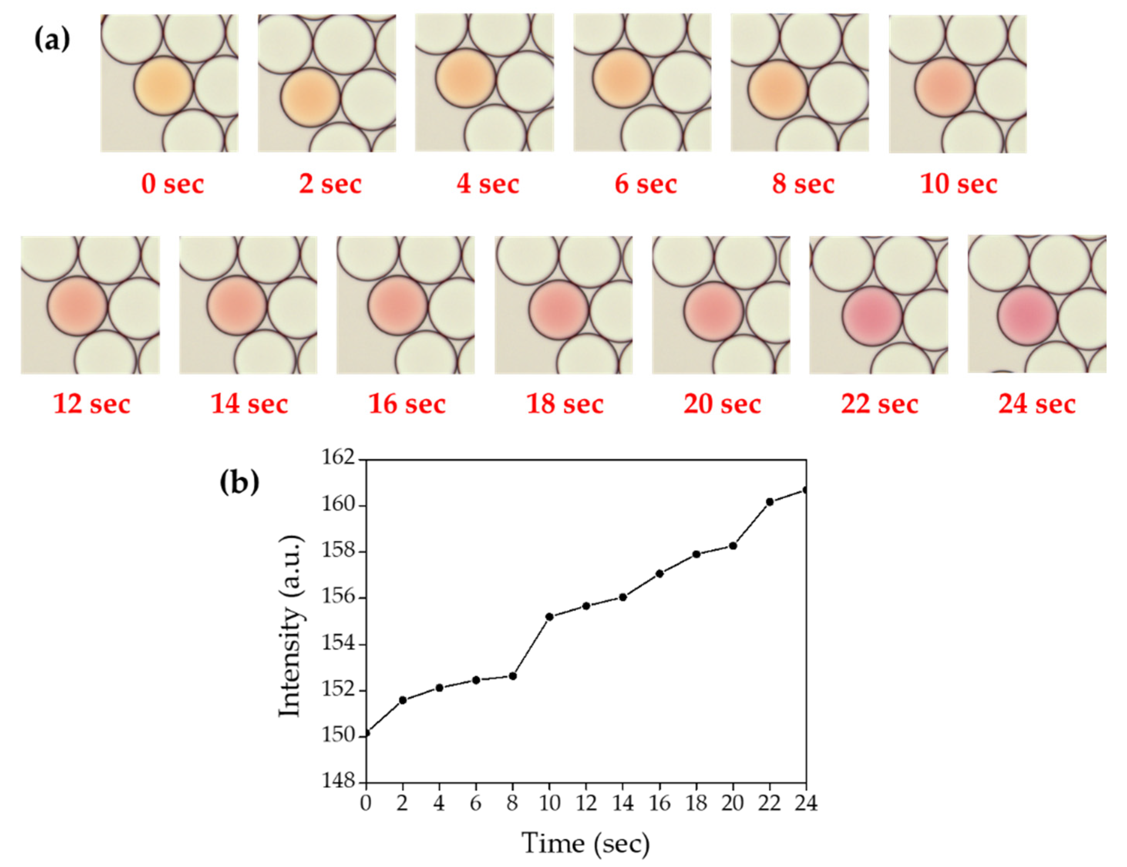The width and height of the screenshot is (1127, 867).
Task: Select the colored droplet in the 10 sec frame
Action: coord(944,87)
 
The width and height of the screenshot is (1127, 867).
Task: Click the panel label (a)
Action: coord(52,40)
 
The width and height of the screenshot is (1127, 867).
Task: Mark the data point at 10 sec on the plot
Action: coord(549,617)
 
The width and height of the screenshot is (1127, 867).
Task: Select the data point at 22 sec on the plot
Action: coord(770,502)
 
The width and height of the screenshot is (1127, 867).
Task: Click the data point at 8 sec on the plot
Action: coord(513,676)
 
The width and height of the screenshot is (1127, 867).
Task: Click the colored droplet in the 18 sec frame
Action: coord(558,310)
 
